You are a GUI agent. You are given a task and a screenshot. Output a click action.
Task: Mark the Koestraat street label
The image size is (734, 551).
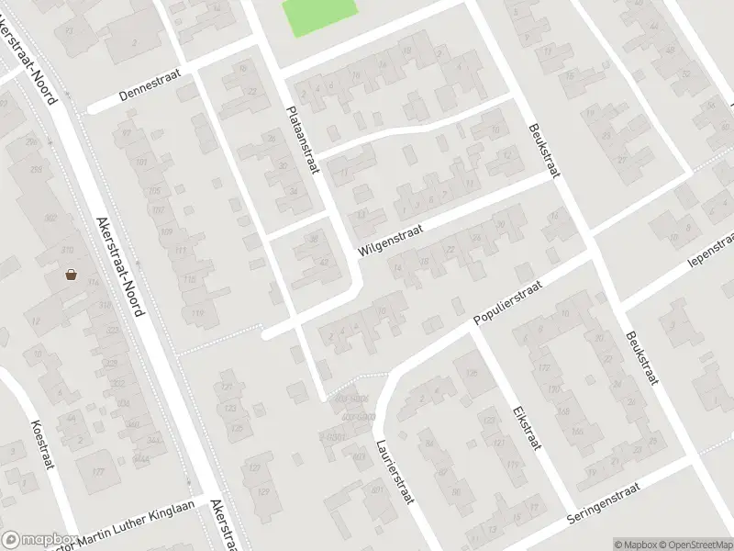pos(42,444)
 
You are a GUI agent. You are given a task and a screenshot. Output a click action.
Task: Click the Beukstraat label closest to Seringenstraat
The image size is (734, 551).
pos(642,358)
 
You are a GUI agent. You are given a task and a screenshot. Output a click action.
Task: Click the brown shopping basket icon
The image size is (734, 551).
pos(71,274)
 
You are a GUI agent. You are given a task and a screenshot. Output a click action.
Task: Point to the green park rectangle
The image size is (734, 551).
pos(318,16)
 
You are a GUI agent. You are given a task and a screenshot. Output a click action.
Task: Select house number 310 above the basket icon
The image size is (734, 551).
pos(67,251)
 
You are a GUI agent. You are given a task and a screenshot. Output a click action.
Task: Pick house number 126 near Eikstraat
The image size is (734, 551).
pos(473,374)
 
